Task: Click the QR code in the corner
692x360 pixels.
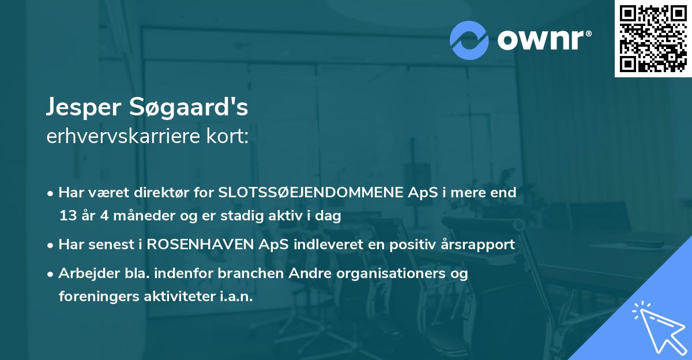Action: pos(653,39)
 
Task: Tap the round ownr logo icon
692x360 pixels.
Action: pos(469,40)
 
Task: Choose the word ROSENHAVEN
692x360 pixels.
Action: pos(199,245)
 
